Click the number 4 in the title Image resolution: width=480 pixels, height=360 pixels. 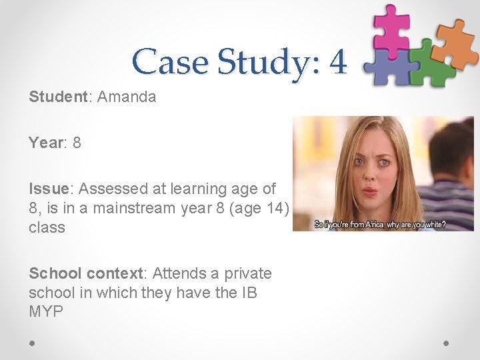[338, 62]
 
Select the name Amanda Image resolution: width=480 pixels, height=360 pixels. [127, 97]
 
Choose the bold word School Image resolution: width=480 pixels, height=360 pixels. [55, 274]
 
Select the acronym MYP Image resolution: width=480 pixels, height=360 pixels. [46, 311]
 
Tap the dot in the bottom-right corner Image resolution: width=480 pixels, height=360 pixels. [446, 343]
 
